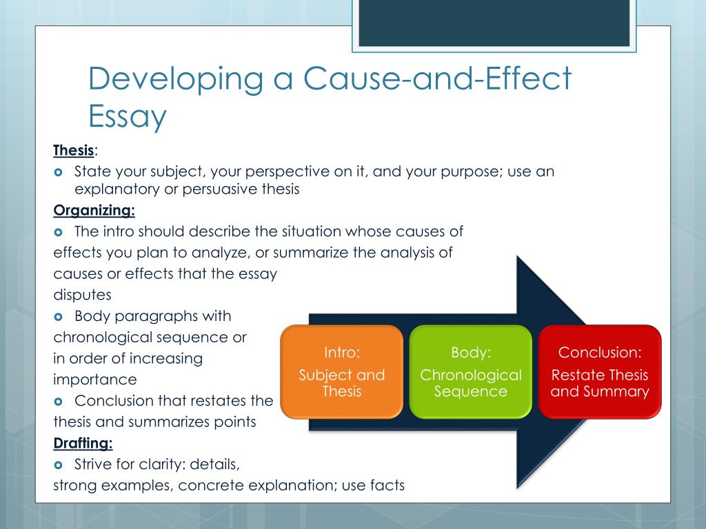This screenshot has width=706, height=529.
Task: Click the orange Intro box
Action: pos(341,372)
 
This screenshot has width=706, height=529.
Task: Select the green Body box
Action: pos(471,372)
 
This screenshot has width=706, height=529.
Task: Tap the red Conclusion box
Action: pos(600,372)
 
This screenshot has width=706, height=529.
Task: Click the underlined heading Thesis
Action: pos(74,149)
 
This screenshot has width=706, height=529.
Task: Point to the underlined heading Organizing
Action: pos(94,211)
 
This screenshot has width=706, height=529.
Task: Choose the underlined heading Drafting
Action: pos(83,443)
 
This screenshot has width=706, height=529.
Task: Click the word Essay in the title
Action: pos(128,116)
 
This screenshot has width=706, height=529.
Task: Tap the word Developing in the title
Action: pos(176,80)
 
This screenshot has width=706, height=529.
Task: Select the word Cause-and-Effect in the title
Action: pos(434,79)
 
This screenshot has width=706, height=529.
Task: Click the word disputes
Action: pos(82,295)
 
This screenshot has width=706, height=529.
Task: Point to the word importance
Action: pos(95,379)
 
